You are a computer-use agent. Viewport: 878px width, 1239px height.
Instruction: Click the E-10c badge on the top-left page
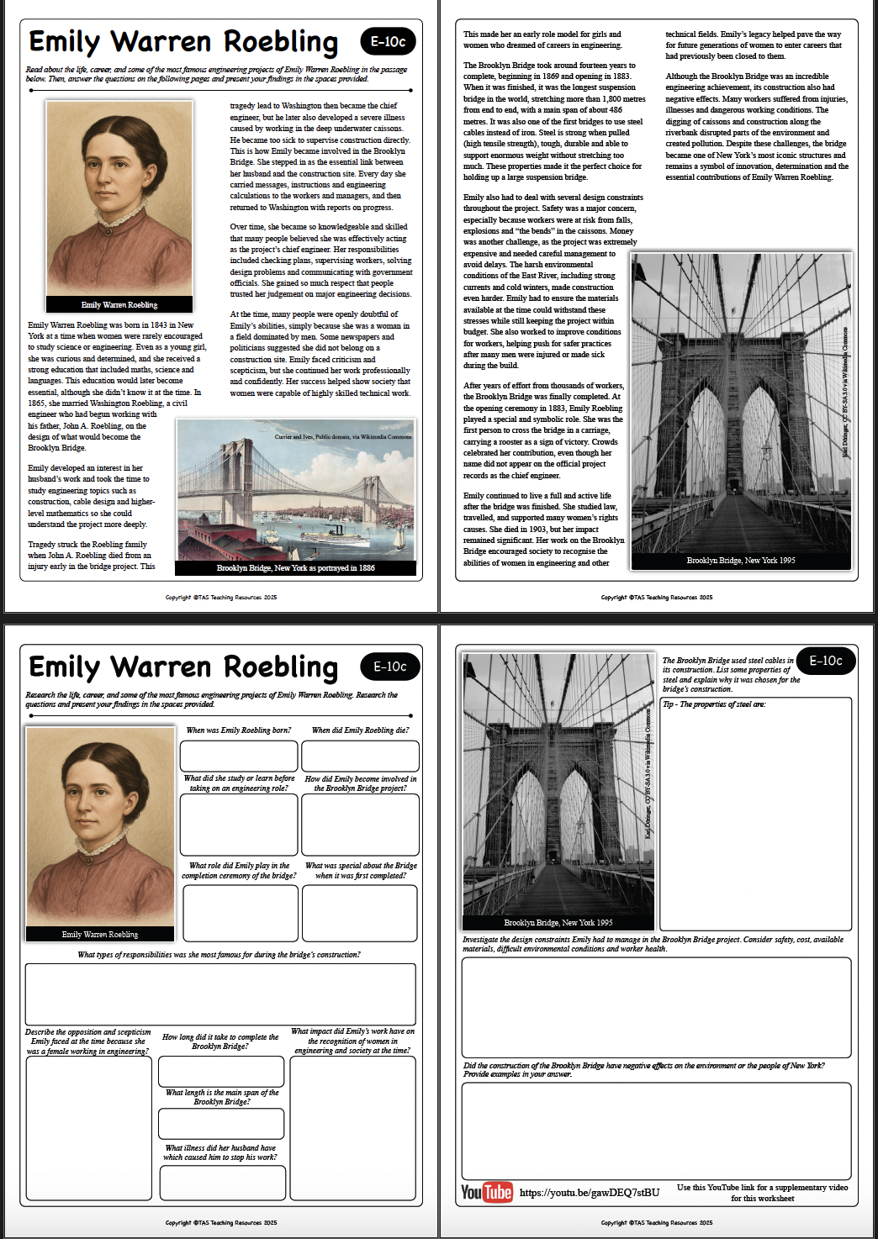point(388,41)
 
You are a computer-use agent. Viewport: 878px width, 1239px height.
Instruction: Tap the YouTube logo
point(486,1192)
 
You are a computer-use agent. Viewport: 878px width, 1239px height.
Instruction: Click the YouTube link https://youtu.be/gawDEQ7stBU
point(590,1193)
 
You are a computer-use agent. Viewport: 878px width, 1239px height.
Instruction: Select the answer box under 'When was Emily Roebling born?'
point(239,756)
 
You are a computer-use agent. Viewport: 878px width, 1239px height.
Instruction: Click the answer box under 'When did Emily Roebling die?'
point(360,756)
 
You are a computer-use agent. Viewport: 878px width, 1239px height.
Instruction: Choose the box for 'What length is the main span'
point(221,1124)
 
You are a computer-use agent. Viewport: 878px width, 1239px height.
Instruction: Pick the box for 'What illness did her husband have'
point(221,1183)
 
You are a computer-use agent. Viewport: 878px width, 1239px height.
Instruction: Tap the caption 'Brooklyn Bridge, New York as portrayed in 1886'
point(296,568)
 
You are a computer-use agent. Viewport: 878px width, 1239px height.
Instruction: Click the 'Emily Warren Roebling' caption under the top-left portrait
point(119,304)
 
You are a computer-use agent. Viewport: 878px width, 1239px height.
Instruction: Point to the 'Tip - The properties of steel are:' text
point(714,704)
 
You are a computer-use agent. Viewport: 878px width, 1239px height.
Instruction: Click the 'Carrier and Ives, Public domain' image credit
point(343,437)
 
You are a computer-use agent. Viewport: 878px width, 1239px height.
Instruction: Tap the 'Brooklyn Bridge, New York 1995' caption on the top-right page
point(741,561)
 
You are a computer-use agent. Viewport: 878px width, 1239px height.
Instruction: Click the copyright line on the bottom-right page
point(657,1223)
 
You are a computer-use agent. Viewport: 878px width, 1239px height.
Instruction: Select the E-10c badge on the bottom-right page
point(825,661)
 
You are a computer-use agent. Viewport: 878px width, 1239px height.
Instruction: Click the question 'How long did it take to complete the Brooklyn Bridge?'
point(220,1041)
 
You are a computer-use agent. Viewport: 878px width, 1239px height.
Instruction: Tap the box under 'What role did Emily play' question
point(241,913)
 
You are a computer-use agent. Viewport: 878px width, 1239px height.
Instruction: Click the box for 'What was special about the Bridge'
point(360,913)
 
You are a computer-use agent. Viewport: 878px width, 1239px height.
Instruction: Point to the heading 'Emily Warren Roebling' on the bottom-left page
point(183,667)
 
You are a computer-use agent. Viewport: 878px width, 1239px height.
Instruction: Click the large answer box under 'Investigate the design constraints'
point(656,1007)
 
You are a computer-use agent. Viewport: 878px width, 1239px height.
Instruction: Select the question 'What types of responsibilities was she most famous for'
point(219,955)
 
